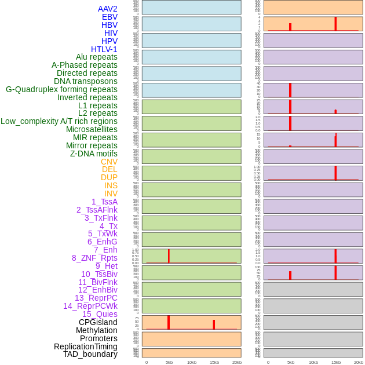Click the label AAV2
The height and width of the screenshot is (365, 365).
click(x=108, y=9)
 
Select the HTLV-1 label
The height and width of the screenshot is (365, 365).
click(x=104, y=49)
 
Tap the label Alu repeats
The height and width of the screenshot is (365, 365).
click(x=97, y=57)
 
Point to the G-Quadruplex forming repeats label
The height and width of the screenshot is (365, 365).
click(x=61, y=89)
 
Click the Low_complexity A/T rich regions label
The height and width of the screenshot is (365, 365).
click(x=59, y=121)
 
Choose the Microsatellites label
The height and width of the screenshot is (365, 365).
click(x=92, y=129)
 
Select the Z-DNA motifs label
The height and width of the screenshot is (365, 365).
click(x=94, y=154)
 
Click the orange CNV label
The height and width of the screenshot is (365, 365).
click(x=109, y=162)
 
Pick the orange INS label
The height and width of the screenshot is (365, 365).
click(x=111, y=185)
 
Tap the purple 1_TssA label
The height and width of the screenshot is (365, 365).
click(x=104, y=202)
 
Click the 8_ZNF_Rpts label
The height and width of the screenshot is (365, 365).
click(x=94, y=258)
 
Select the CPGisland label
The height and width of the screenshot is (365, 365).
click(x=98, y=322)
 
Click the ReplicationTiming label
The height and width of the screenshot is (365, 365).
click(x=86, y=346)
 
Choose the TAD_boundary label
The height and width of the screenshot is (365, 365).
click(x=90, y=354)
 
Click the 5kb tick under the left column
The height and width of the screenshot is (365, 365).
click(x=169, y=362)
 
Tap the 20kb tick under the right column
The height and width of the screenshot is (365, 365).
click(x=358, y=362)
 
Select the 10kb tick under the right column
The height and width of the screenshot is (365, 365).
click(x=313, y=362)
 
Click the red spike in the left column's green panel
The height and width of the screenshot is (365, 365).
click(x=169, y=256)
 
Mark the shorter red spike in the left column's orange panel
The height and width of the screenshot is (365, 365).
click(x=214, y=324)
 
